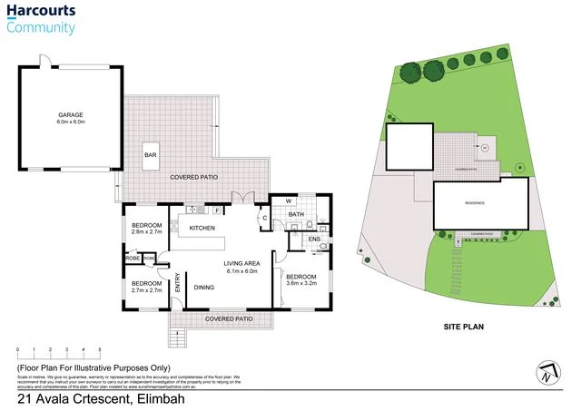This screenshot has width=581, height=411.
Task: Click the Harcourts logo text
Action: click(x=41, y=12)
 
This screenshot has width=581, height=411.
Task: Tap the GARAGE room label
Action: click(x=72, y=115)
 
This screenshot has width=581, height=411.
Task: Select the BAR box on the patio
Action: click(x=151, y=156)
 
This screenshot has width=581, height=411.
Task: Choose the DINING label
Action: click(x=204, y=289)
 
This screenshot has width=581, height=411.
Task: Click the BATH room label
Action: click(x=296, y=215)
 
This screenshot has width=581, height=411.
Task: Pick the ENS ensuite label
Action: click(x=314, y=239)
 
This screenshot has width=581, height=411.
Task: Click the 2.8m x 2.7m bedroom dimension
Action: click(x=147, y=233)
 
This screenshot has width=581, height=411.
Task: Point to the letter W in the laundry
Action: click(x=289, y=201)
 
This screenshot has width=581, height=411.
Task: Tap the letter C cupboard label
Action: click(x=263, y=218)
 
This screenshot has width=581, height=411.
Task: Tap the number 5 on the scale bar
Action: click(x=100, y=348)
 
